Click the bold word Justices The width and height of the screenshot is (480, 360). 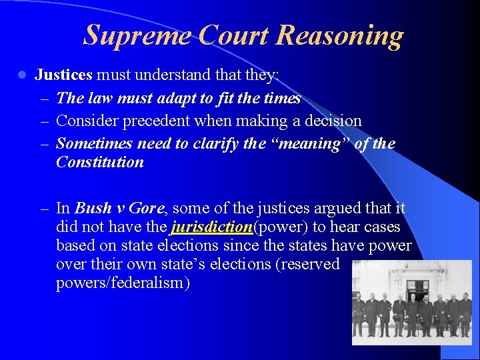point(63,75)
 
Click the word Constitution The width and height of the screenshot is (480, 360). point(100,162)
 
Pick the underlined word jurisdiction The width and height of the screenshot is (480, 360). point(211,228)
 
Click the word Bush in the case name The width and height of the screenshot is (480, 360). point(93,208)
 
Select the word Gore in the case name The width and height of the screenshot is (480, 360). point(147,208)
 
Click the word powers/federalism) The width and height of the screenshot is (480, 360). point(123,283)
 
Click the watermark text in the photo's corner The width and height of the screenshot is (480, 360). point(367,265)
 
